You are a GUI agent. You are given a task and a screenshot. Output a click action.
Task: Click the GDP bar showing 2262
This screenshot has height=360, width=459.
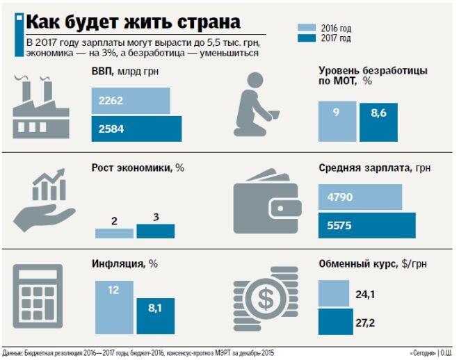[x=130, y=101]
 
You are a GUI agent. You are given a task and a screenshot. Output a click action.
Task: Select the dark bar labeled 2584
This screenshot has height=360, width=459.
[x=136, y=129]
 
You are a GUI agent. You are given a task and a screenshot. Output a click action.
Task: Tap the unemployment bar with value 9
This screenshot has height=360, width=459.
[x=337, y=121]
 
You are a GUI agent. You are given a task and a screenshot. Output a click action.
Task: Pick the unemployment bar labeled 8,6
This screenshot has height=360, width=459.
[x=378, y=122]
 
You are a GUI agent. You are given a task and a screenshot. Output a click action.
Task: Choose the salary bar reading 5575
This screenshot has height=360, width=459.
[x=367, y=225]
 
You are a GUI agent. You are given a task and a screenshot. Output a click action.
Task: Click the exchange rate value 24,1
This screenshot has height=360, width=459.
[x=366, y=295]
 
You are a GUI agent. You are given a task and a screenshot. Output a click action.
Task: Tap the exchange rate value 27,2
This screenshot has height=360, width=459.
[x=366, y=323]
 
